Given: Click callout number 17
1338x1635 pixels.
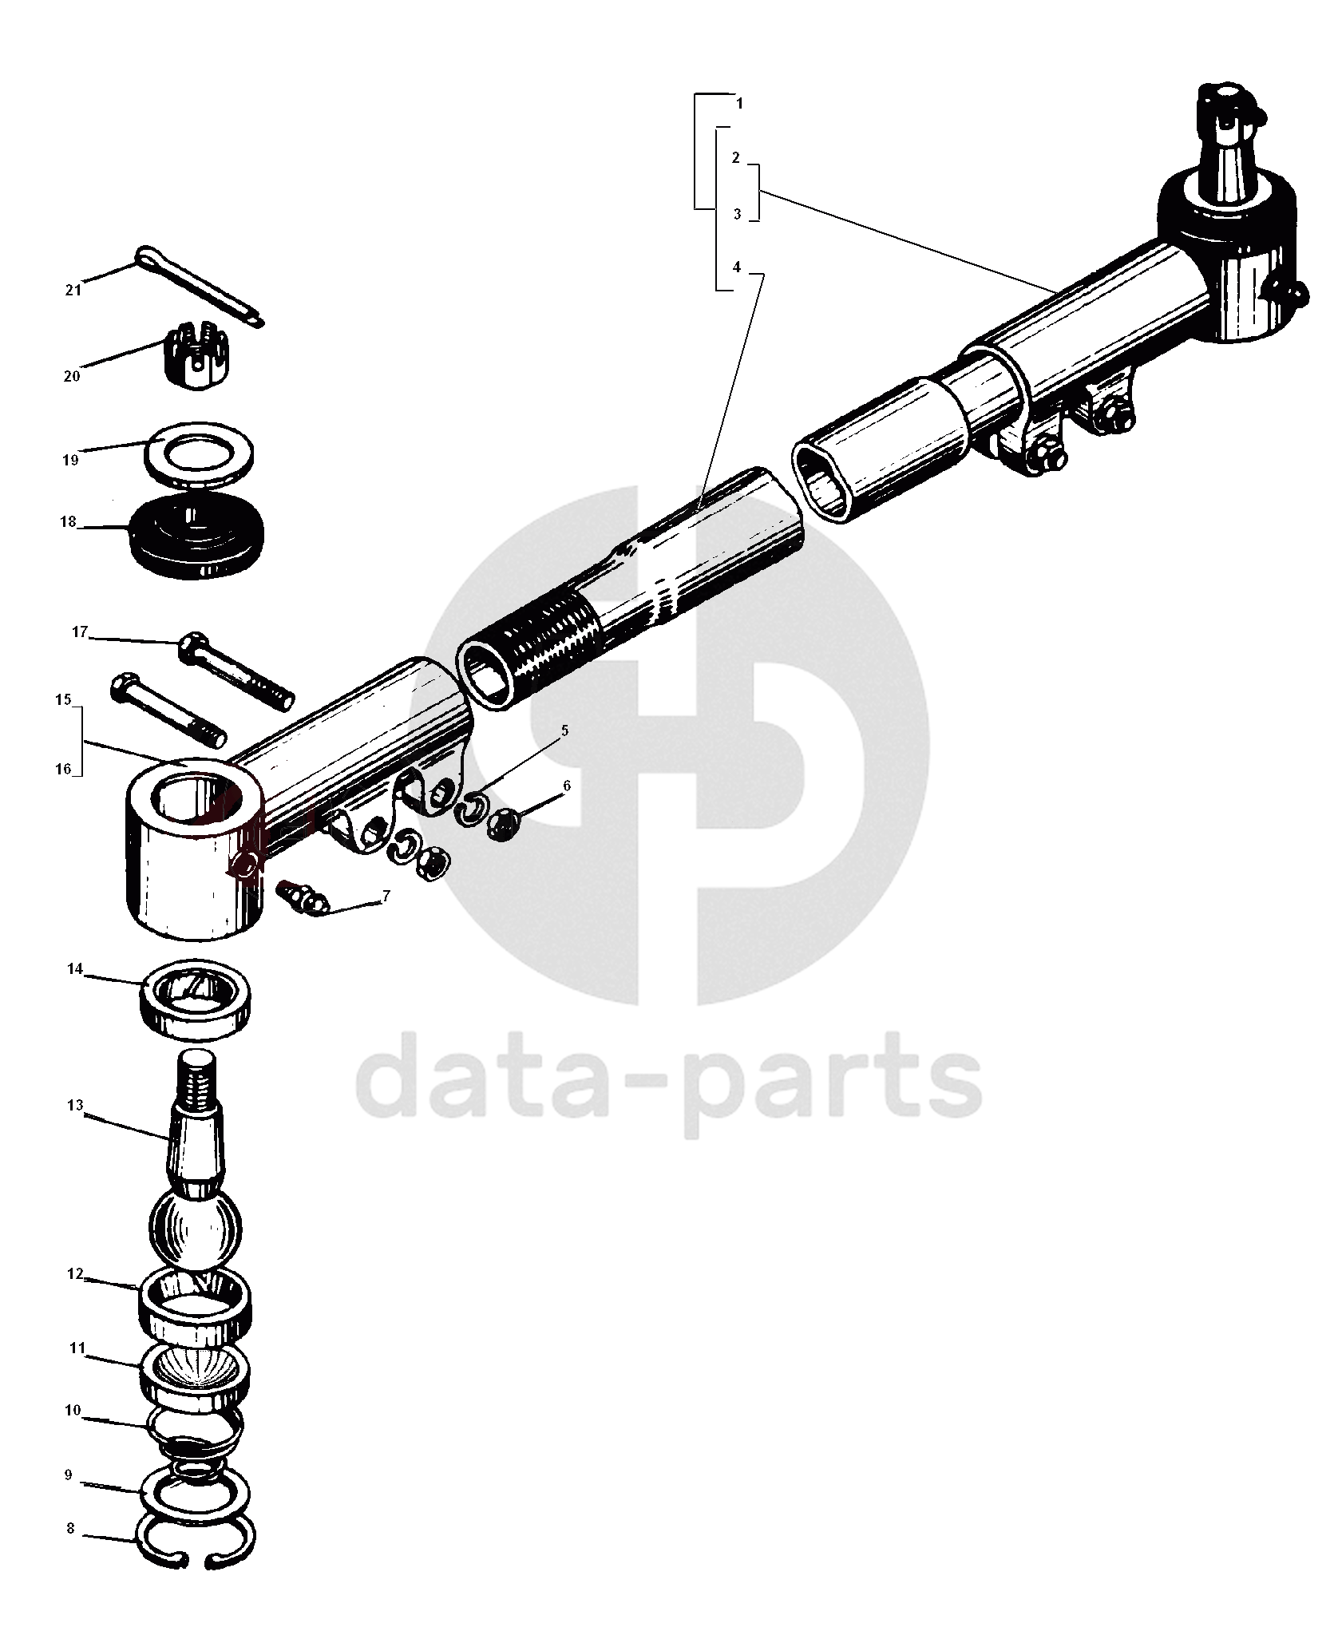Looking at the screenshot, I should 79,632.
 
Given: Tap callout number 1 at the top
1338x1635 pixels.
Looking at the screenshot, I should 739,104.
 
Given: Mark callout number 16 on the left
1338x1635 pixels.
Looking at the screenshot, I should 63,770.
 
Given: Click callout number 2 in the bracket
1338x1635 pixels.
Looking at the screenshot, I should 735,158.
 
